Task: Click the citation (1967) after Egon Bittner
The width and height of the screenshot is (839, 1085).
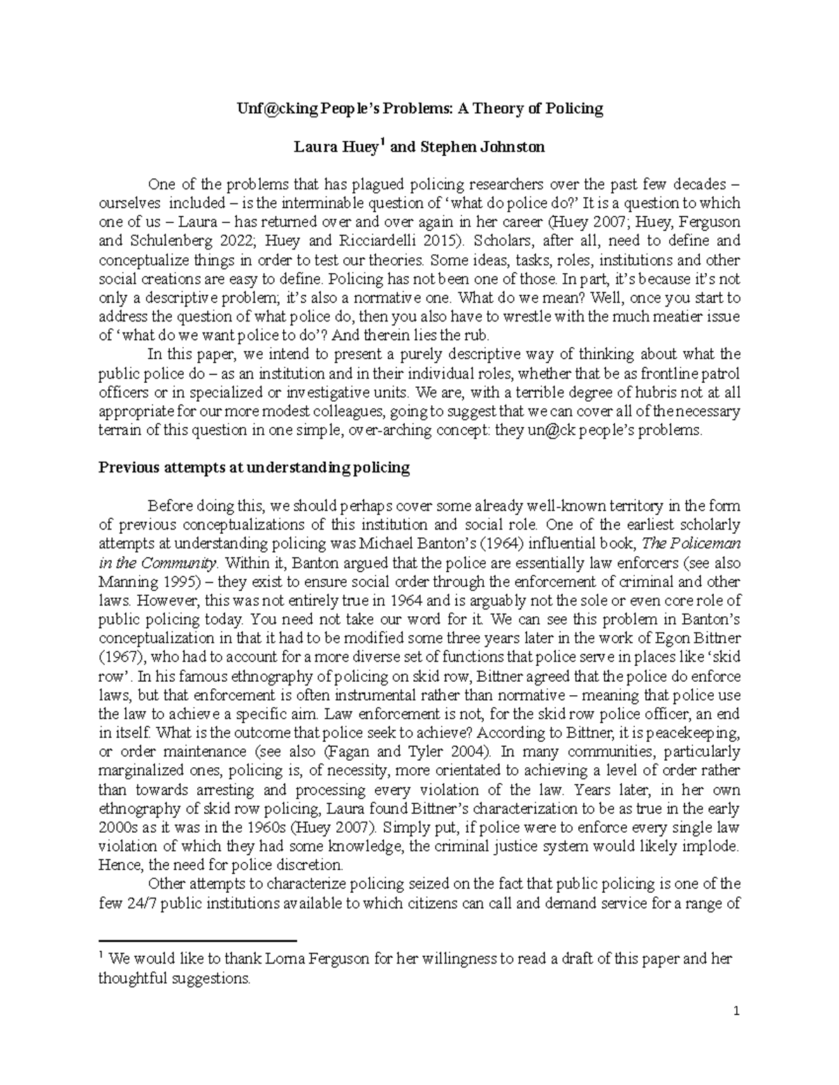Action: [122, 657]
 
